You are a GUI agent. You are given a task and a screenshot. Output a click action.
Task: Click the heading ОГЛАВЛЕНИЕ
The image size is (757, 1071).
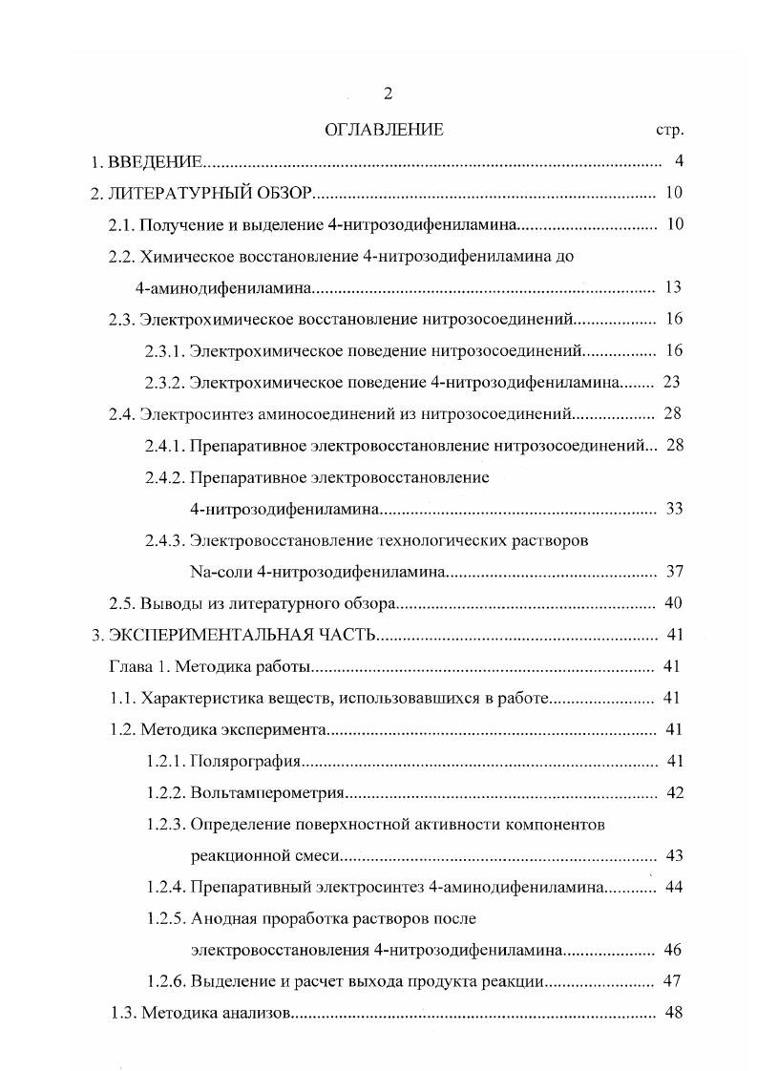[384, 130]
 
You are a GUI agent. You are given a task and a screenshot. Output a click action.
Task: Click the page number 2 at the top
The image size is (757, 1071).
[387, 94]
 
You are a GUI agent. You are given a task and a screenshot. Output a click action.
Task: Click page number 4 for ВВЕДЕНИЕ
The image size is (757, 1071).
[678, 160]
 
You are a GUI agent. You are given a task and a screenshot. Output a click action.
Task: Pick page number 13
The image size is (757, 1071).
[674, 287]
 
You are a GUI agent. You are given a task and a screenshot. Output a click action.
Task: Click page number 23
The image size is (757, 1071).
[671, 382]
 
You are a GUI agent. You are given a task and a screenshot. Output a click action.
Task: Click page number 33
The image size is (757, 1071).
[674, 508]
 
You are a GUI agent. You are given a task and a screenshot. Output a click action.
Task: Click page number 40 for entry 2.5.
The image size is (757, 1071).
[673, 603]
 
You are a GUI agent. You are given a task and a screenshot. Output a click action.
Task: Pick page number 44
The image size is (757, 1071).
[674, 887]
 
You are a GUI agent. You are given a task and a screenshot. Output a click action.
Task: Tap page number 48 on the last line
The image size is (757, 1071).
[674, 1013]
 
